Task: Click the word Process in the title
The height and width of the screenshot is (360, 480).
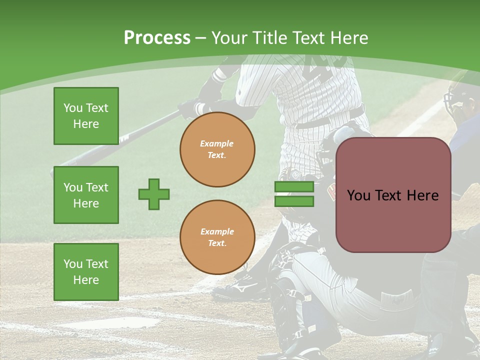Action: [x=157, y=37]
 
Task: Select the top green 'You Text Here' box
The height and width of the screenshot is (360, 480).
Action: [x=86, y=116]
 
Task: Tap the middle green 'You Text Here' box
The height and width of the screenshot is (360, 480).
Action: [x=86, y=195]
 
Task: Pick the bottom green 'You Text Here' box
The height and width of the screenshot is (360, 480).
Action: [x=86, y=271]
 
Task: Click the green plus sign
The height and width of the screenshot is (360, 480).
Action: [x=154, y=194]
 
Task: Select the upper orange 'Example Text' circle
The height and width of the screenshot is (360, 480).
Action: [x=217, y=149]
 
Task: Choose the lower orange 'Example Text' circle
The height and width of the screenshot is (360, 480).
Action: [x=217, y=237]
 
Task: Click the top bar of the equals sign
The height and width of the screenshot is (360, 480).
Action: [x=294, y=187]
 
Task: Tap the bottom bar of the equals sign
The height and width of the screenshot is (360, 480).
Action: [x=294, y=201]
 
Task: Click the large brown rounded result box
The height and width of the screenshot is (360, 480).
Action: [x=393, y=195]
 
